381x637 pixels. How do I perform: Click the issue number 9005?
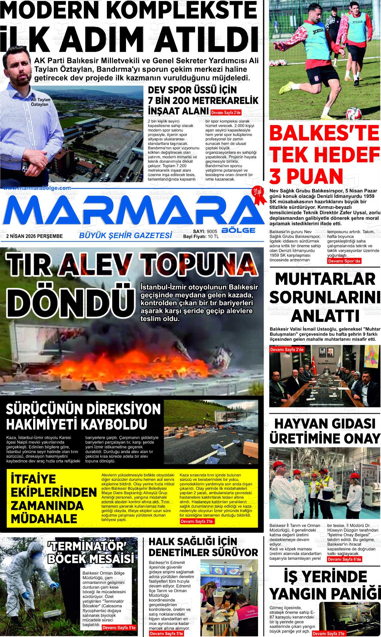point(212,231)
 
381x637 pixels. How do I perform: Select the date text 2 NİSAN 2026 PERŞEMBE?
point(34,236)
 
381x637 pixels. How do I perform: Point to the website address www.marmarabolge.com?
point(38,188)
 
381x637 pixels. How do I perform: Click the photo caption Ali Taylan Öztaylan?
point(39,102)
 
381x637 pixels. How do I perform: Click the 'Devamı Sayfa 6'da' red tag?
point(344,559)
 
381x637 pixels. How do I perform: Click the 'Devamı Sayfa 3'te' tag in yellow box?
point(197,521)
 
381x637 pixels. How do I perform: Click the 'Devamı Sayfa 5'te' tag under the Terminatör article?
point(119,628)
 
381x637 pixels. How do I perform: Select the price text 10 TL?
point(213,236)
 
